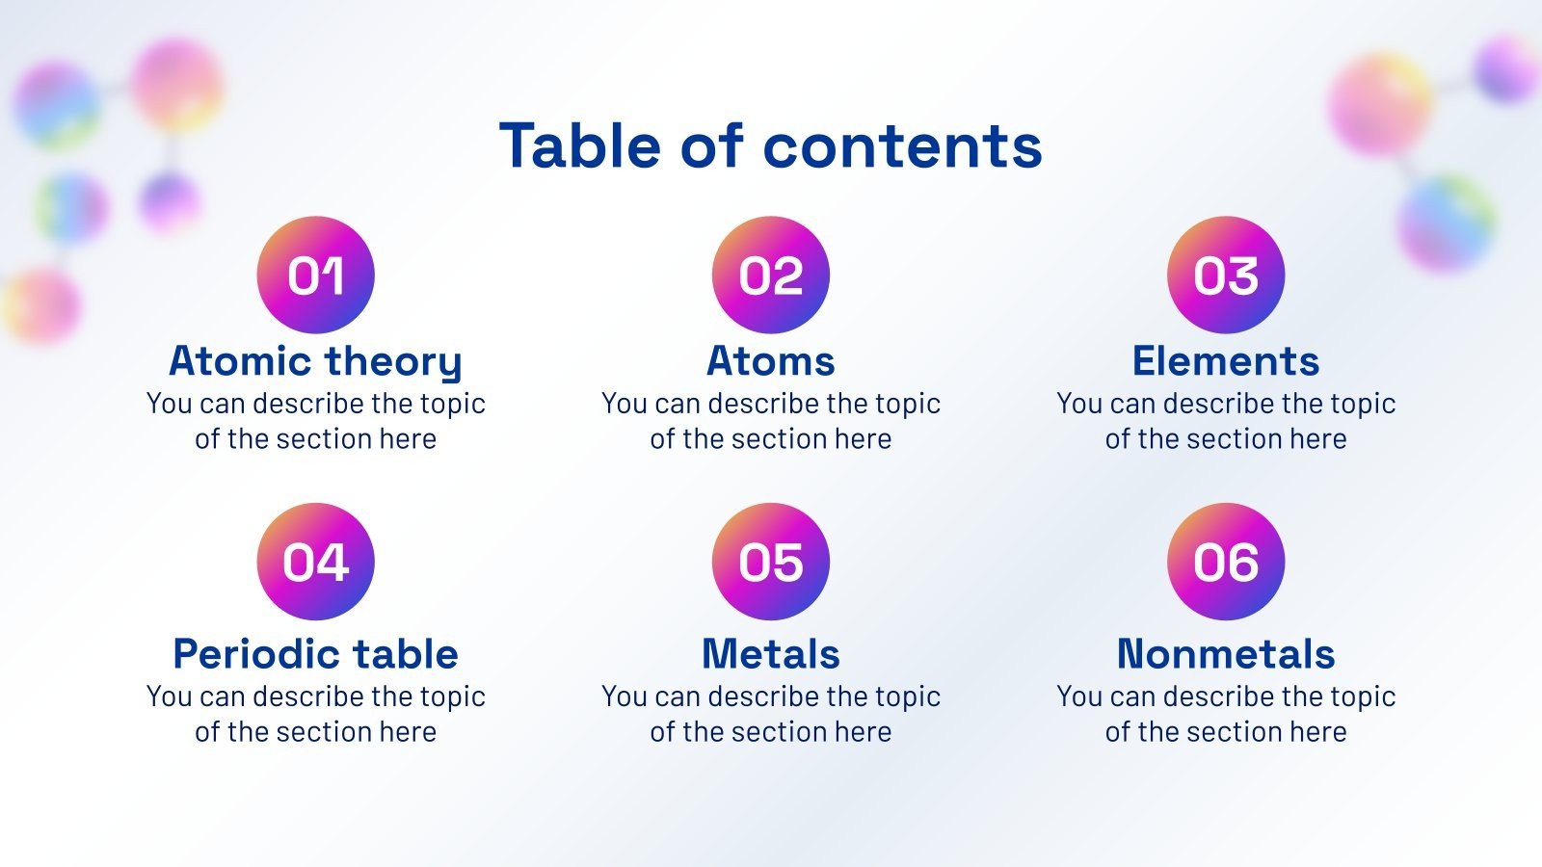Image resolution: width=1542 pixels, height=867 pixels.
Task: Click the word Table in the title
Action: [579, 145]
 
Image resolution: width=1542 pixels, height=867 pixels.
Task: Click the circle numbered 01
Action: [315, 276]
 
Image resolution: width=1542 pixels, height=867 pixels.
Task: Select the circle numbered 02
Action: [771, 276]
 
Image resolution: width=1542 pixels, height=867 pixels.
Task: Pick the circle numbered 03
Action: [1226, 276]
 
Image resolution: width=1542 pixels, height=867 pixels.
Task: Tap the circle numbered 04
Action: [315, 562]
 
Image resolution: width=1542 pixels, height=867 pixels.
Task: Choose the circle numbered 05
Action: [771, 562]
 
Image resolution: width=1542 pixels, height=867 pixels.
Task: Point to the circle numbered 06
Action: [1226, 562]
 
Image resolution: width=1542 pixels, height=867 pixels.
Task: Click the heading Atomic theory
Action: [315, 361]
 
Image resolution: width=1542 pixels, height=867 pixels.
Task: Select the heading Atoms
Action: [771, 361]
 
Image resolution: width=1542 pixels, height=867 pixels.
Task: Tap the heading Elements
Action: [1226, 361]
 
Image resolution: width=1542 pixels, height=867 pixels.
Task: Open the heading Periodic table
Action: [315, 654]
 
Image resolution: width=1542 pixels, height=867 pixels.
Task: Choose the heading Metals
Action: [771, 654]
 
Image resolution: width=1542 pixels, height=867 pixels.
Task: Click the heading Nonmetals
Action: [1226, 654]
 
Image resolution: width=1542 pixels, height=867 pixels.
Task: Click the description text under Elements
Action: [1226, 421]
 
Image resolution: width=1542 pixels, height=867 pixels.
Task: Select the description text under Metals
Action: [771, 714]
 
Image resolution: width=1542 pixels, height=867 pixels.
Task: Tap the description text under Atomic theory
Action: [315, 421]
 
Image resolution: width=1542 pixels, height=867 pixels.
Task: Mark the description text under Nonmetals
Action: [1226, 714]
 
